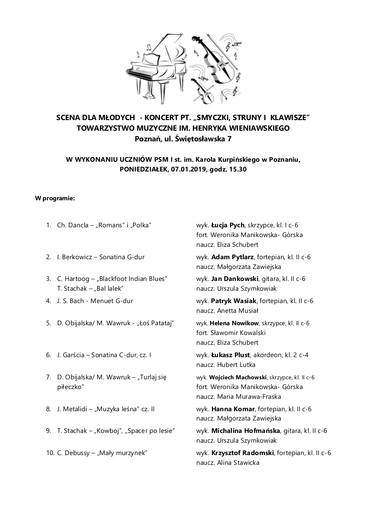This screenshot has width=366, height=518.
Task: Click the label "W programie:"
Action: click(55, 198)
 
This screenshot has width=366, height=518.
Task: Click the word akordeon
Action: click(270, 355)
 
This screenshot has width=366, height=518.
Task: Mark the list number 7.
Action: click(48, 377)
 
